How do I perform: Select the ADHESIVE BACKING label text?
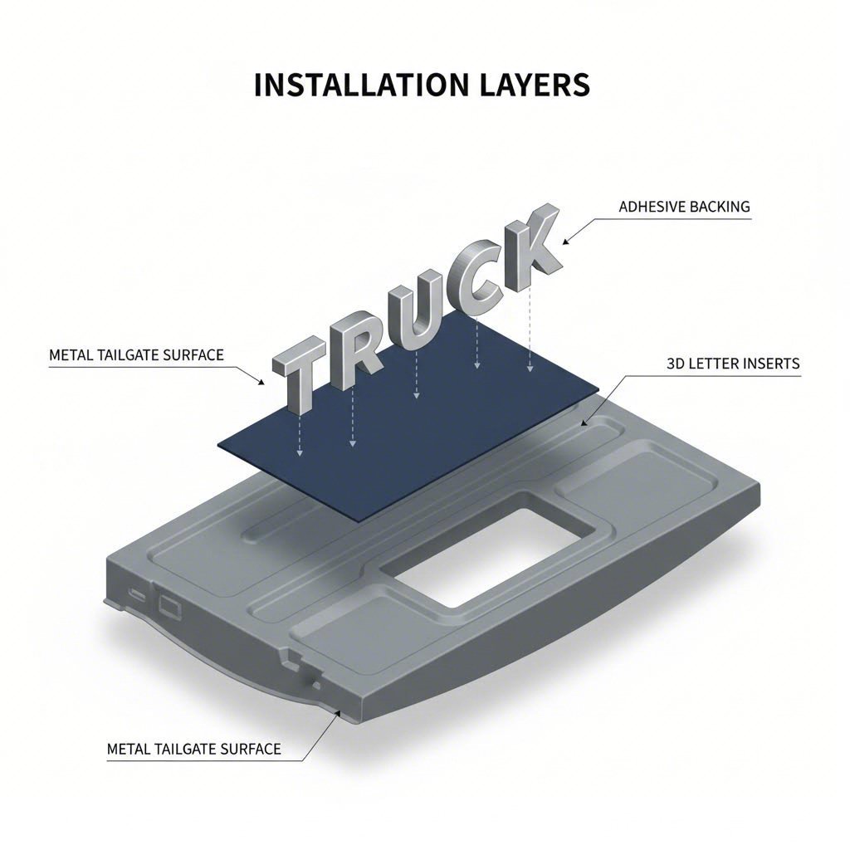[x=684, y=207]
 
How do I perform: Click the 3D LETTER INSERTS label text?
[x=733, y=364]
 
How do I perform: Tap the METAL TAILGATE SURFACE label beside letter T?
[x=136, y=355]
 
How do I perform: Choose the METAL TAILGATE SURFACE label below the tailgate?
[x=194, y=750]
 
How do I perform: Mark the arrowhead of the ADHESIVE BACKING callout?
[x=567, y=242]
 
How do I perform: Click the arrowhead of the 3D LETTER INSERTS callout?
[x=584, y=423]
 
